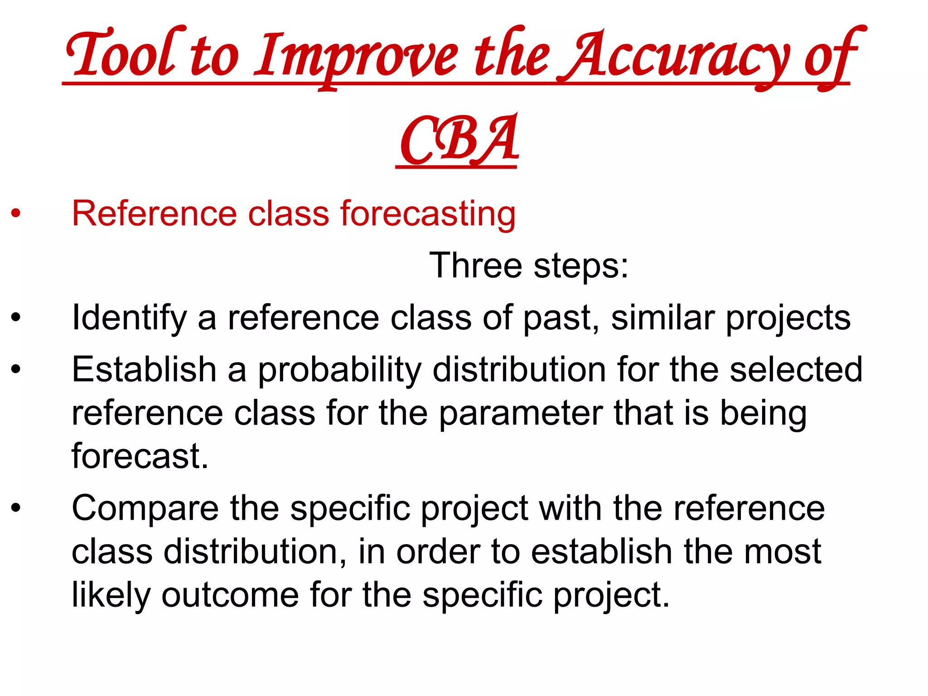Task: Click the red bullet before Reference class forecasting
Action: coord(16,213)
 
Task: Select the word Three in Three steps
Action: coord(475,265)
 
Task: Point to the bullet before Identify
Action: coord(16,317)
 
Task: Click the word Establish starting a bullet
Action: coord(144,369)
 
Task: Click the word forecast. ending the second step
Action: coord(140,456)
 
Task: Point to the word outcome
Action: coord(230,594)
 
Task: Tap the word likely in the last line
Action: coord(111,595)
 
